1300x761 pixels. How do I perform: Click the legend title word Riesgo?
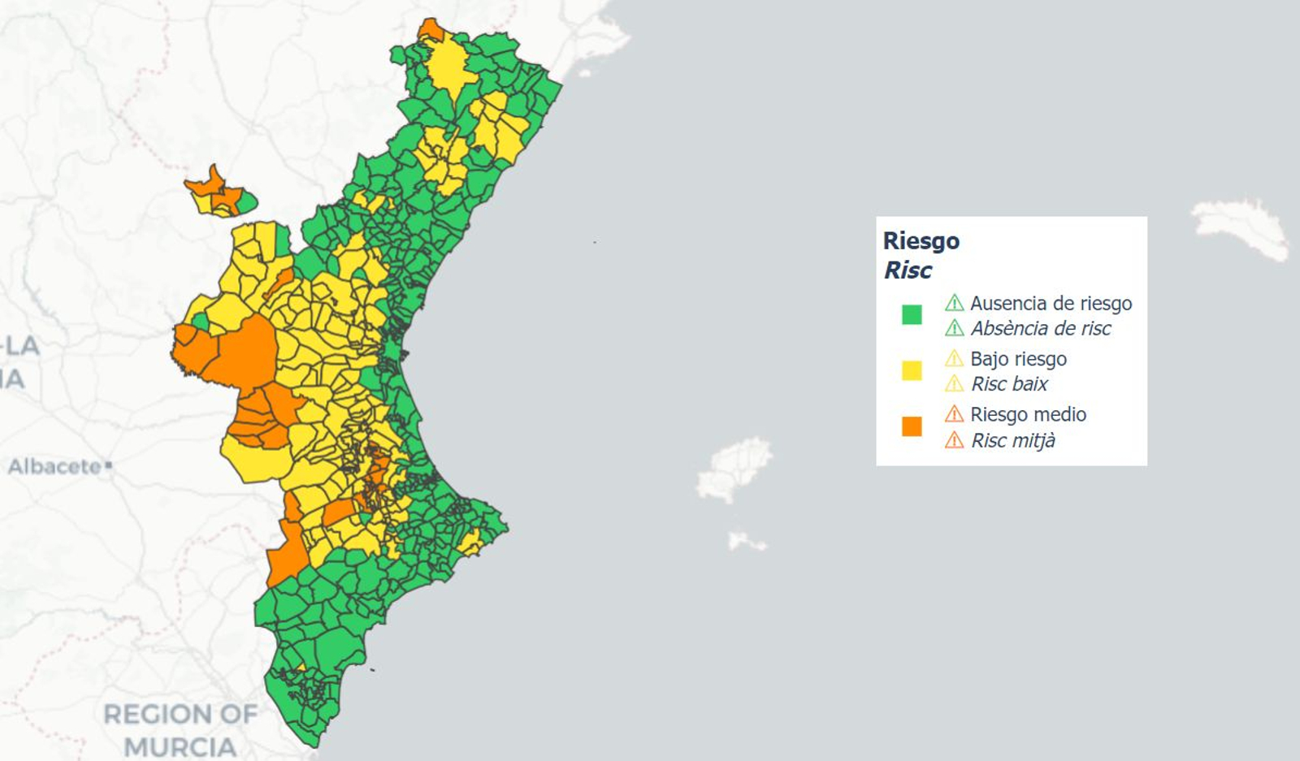click(x=921, y=241)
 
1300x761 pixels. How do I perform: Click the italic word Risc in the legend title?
click(x=908, y=270)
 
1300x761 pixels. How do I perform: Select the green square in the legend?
click(x=912, y=315)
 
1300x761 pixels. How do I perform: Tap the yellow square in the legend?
click(x=912, y=370)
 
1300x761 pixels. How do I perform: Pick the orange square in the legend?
click(x=912, y=426)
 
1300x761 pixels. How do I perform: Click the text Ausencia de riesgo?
click(x=1051, y=304)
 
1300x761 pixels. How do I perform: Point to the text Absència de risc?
click(x=1041, y=329)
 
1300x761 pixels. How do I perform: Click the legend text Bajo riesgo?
click(x=1018, y=359)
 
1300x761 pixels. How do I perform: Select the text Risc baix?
click(x=1009, y=384)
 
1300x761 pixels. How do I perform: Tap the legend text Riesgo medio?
click(x=1028, y=414)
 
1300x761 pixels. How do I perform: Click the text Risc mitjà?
click(x=1013, y=440)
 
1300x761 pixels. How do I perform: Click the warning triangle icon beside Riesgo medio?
click(x=954, y=414)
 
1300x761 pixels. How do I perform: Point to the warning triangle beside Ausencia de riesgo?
click(x=954, y=304)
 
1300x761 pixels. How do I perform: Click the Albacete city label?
click(x=55, y=467)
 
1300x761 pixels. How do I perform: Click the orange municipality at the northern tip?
click(x=431, y=31)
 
